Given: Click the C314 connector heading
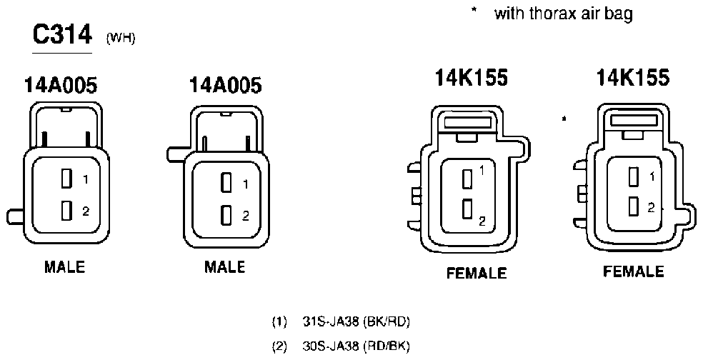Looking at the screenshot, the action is tap(62, 35).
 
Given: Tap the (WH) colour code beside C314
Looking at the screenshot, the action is tap(121, 39).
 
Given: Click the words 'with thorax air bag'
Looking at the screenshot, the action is tap(564, 14).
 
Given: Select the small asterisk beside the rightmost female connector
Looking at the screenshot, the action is tap(564, 119).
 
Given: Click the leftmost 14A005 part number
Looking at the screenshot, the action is tap(61, 85).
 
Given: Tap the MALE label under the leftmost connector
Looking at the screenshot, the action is tap(64, 267).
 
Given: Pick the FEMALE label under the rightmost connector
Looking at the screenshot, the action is tap(634, 271).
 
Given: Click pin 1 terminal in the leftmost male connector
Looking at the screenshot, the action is tap(67, 179).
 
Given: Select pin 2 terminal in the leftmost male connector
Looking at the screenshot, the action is tap(67, 210).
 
